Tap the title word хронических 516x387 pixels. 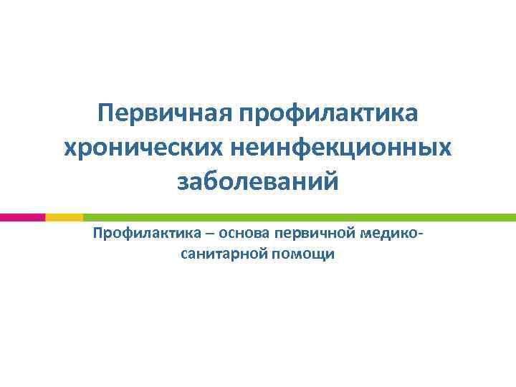pos(141,147)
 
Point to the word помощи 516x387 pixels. pos(302,253)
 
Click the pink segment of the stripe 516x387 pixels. pos(22,216)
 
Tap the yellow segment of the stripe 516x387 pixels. pos(64,216)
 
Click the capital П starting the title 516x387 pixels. pos(105,113)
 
